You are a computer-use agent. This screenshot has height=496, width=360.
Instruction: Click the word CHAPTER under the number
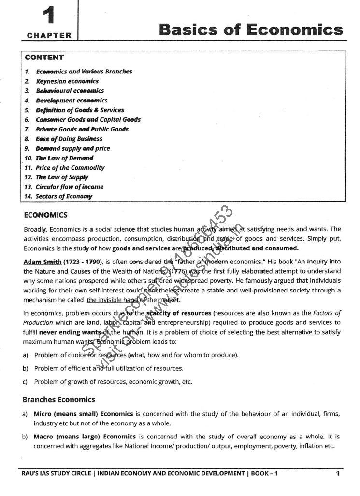49,35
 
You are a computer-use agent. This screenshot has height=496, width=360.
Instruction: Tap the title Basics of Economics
251,29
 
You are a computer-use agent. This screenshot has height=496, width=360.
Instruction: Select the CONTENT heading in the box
44,58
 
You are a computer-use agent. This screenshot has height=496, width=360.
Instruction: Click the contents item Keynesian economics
67,81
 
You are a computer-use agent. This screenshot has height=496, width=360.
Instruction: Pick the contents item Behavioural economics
70,91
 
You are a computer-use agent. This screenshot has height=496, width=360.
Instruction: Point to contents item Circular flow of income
70,187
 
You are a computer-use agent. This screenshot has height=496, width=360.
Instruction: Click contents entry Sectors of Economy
64,196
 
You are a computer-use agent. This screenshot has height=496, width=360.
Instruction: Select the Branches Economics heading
58,400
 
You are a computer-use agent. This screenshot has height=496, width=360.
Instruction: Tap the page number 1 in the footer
337,474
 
